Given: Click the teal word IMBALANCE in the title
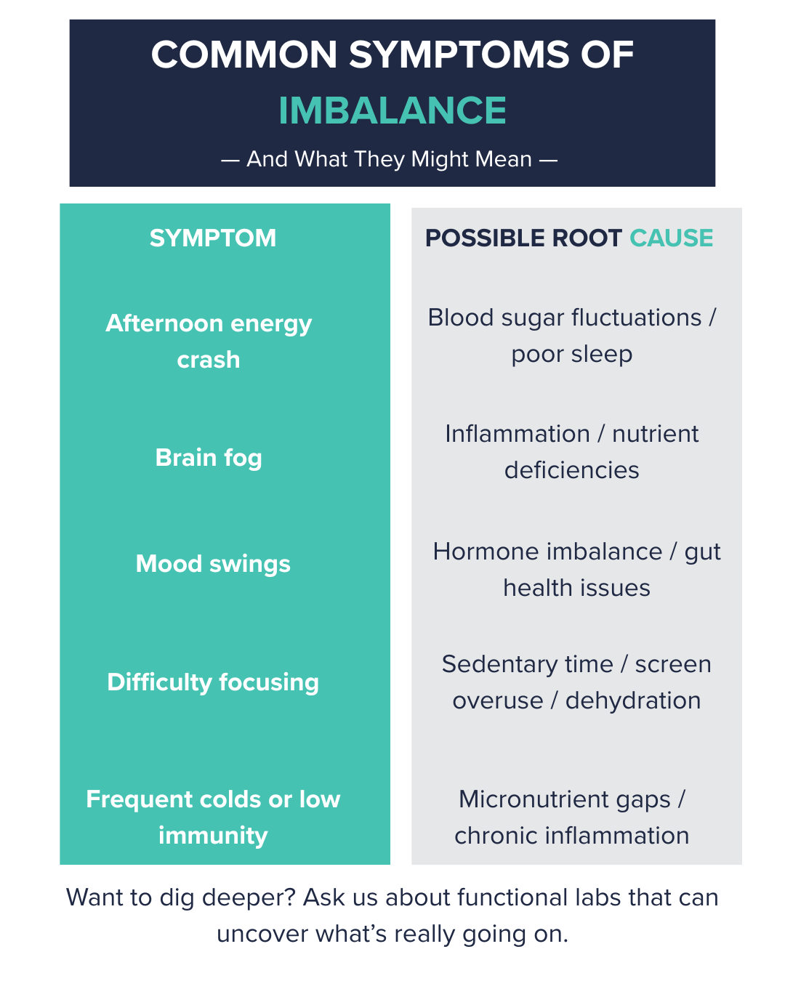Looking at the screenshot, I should (392, 110).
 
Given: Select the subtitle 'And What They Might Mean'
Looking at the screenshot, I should (390, 159).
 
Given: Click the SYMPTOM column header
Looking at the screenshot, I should (213, 238).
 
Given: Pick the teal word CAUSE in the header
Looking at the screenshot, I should (672, 238).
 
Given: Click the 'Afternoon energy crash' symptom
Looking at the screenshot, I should (209, 341).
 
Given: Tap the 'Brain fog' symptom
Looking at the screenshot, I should (209, 458).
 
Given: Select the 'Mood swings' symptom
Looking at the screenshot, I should (213, 564).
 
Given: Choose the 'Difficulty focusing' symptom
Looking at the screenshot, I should (213, 682).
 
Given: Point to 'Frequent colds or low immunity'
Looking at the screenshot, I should (213, 817).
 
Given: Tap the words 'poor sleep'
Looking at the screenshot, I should (572, 355).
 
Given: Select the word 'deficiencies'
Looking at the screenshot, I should (572, 470).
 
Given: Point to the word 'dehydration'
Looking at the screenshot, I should (633, 701).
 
